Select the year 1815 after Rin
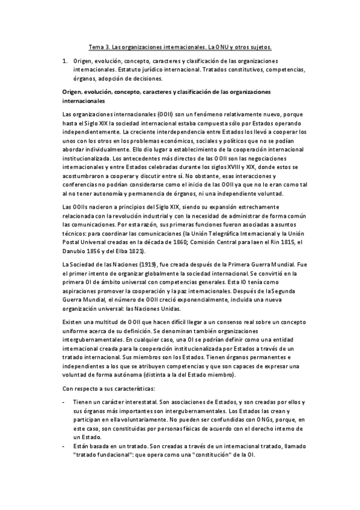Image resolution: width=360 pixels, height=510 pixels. click(x=276, y=241)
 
